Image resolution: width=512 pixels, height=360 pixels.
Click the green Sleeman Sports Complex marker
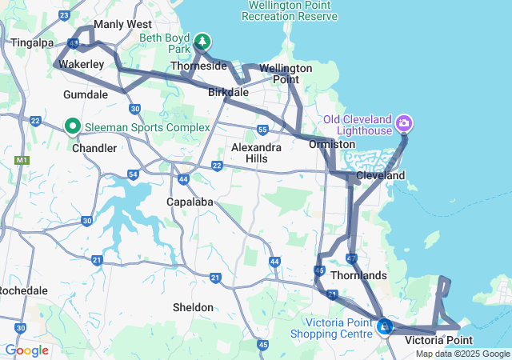point(72,126)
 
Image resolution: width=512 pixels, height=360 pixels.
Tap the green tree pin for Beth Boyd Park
point(202,40)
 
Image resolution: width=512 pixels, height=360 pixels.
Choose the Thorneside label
point(199,66)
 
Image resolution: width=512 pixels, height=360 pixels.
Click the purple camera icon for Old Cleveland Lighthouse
point(405,122)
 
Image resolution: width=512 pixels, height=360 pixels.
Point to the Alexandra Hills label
point(256,153)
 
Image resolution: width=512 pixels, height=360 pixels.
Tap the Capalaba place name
point(190,202)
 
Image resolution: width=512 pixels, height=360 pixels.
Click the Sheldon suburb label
point(193,307)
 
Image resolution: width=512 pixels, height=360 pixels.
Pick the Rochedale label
point(16,290)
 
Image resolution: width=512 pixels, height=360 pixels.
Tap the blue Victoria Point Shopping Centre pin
point(385,326)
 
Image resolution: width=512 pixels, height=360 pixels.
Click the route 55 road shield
point(262,130)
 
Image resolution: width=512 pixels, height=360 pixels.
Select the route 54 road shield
point(133,174)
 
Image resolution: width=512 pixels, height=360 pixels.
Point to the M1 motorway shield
point(21,161)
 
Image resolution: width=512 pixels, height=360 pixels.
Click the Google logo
point(26,350)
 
